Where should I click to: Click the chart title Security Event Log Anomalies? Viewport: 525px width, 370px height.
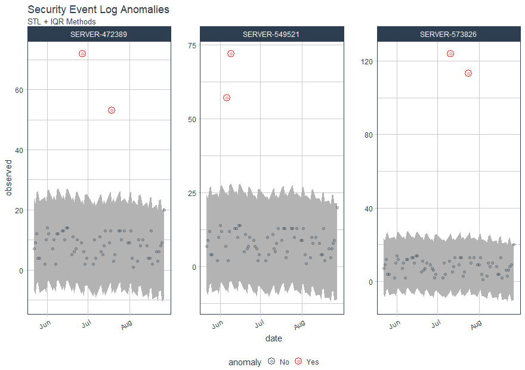coord(98,10)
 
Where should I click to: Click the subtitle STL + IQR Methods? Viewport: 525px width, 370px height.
coord(61,22)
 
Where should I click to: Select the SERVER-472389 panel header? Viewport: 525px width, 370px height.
coord(99,35)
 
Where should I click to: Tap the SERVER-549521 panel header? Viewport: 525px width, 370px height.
coord(271,35)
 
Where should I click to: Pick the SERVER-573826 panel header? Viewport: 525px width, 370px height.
coord(449,35)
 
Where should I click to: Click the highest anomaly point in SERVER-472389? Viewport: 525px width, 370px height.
coord(82,54)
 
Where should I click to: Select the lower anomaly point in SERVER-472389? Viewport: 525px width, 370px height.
coord(112,110)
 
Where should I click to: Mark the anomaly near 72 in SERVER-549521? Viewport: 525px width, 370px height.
coord(231,54)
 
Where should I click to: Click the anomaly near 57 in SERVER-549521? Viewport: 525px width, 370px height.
coord(227,98)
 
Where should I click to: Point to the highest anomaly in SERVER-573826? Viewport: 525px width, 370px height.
coord(450,54)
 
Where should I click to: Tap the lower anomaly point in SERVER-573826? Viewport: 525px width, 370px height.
coord(468,73)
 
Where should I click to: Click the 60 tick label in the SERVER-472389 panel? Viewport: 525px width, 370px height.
coord(19,90)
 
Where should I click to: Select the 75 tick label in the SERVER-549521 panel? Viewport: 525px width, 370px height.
coord(191,45)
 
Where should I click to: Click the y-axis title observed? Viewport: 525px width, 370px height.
coord(8,178)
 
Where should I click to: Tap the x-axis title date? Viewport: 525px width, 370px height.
coord(273,338)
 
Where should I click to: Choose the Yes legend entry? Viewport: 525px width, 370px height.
coord(306,362)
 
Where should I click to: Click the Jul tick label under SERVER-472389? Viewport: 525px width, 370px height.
coord(86,325)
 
